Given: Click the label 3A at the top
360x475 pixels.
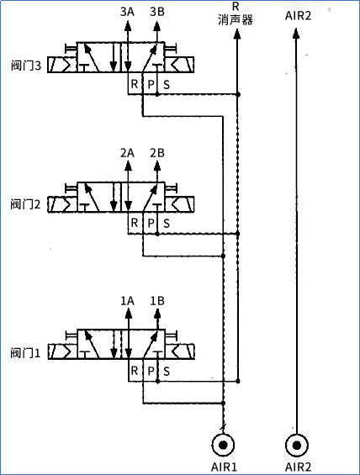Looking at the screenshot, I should click(128, 12).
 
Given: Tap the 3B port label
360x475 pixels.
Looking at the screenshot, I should click(156, 12).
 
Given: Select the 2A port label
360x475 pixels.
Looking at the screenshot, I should click(128, 153).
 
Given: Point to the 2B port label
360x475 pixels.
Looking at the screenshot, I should click(156, 153).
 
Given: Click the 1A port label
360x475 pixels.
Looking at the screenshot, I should click(128, 300).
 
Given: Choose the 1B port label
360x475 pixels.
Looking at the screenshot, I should click(156, 300).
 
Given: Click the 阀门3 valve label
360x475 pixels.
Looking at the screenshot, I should click(26, 66).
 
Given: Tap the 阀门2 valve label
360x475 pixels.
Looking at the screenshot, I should click(26, 204).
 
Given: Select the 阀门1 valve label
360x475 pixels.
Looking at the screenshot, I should click(26, 351).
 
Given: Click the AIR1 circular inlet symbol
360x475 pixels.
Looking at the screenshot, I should click(223, 444).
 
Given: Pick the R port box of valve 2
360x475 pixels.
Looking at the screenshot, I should click(134, 223).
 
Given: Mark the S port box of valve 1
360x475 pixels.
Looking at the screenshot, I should click(166, 370).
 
